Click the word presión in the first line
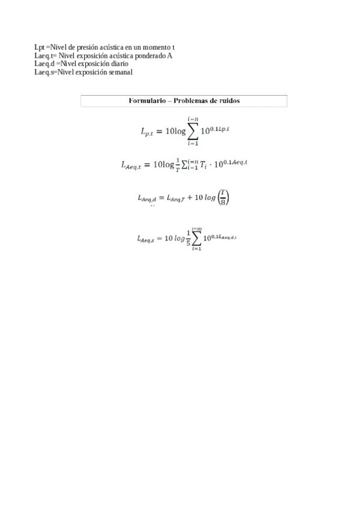tap(90, 47)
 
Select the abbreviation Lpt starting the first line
tap(40, 47)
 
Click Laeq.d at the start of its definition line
tap(44, 64)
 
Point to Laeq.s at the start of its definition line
tap(44, 72)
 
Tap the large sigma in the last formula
tap(197, 238)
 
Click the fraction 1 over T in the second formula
tap(177, 165)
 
